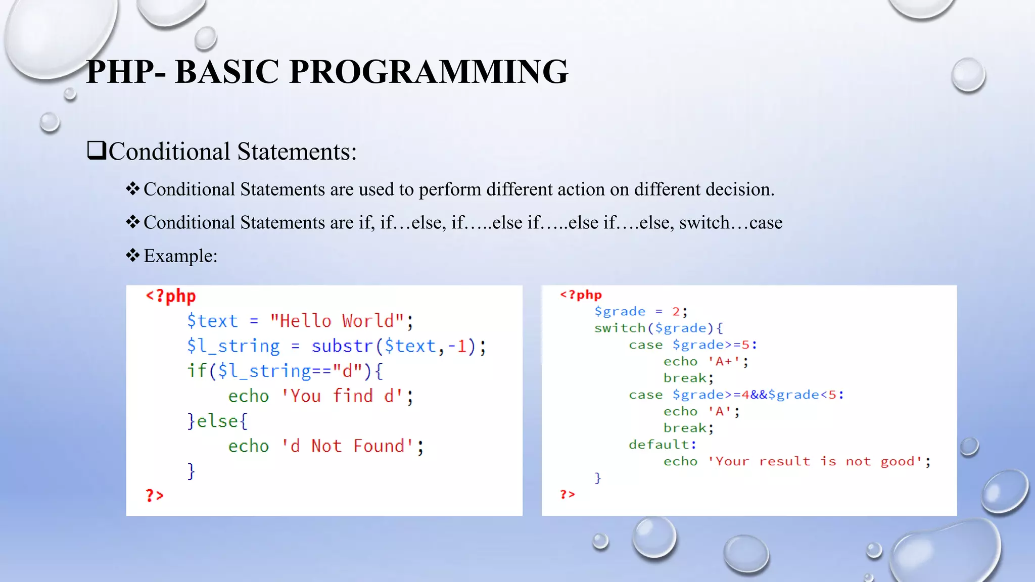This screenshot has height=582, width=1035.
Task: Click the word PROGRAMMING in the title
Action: [429, 72]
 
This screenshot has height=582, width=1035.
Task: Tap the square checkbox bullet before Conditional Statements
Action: [97, 151]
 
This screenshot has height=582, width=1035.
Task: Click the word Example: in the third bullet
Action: [180, 256]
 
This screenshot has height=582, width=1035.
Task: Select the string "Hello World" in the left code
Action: [337, 321]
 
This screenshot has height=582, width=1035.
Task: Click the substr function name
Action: [342, 346]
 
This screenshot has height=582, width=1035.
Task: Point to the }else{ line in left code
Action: [217, 421]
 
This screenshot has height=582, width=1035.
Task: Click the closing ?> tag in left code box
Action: [155, 496]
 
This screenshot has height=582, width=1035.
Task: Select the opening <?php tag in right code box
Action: [581, 295]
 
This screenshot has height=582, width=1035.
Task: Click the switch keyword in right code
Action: [620, 328]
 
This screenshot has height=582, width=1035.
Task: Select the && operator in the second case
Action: [759, 395]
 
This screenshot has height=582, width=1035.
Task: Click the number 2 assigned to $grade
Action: [676, 312]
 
